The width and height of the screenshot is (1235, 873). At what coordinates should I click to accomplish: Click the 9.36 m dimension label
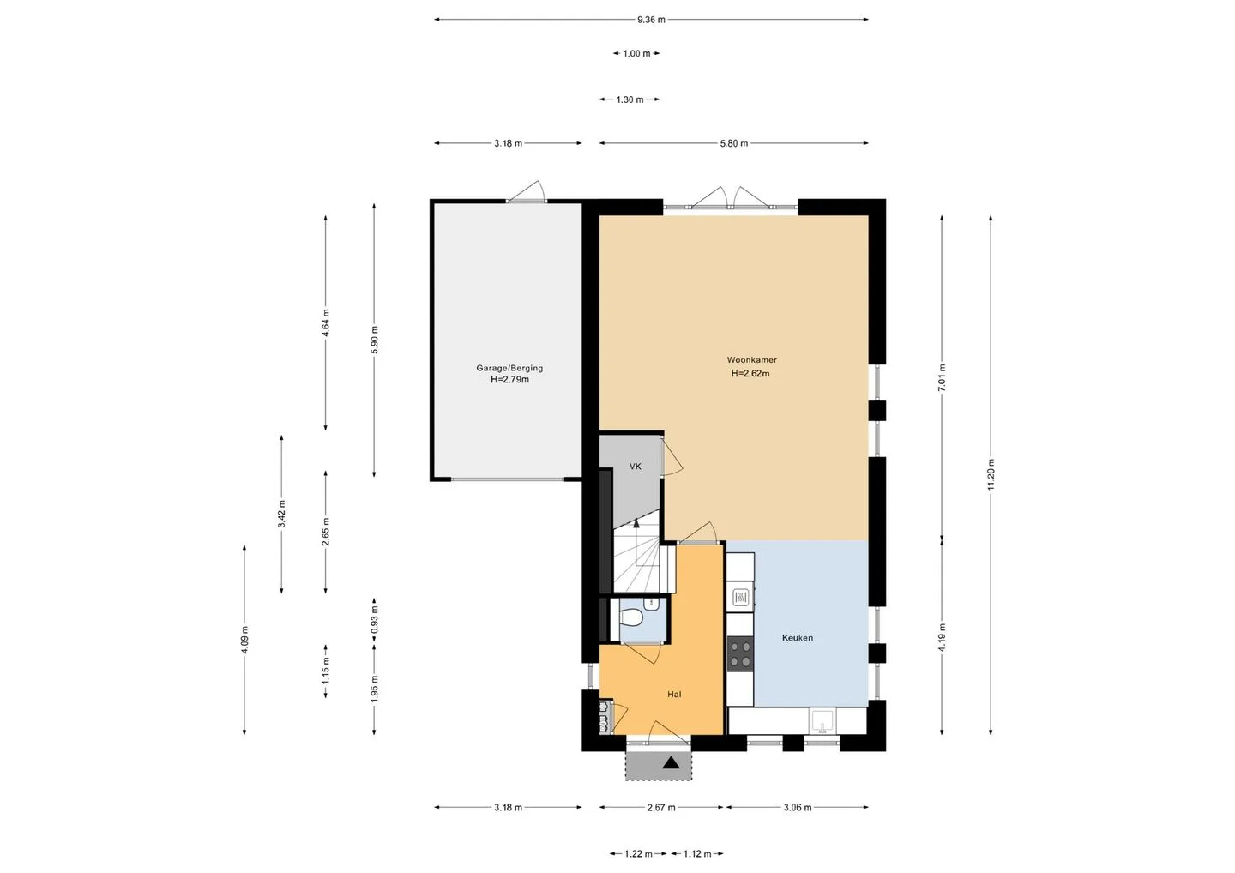tap(651, 20)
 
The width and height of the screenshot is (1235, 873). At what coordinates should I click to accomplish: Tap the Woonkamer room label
tap(751, 360)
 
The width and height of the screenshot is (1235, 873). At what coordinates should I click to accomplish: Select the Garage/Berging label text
tap(509, 368)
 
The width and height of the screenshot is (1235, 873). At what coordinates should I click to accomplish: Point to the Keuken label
tap(798, 638)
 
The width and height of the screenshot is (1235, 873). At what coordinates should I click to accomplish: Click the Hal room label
tap(674, 695)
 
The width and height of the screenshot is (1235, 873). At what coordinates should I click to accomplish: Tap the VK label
tap(636, 467)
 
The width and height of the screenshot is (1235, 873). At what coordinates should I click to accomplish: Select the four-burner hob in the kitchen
tap(740, 653)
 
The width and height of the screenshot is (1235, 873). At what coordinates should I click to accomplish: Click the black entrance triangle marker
tap(671, 762)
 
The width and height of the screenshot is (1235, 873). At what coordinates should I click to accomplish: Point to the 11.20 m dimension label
tap(991, 474)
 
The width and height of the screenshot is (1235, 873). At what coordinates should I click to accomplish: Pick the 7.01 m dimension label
tap(942, 378)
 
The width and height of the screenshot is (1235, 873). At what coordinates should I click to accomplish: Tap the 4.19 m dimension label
tap(942, 638)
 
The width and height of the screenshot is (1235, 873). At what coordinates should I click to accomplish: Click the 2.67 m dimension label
tap(661, 808)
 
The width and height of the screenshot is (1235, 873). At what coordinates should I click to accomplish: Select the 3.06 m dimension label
tap(798, 808)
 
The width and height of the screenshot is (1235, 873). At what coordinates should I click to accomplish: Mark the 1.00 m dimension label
tap(636, 53)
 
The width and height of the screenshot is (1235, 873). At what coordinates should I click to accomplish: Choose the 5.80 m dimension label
tap(734, 143)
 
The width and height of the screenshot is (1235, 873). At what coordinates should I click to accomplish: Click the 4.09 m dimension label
tap(244, 640)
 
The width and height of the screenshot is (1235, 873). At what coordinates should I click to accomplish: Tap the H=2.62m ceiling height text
tap(750, 373)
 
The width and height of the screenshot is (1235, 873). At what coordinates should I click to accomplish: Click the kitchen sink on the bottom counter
tap(822, 721)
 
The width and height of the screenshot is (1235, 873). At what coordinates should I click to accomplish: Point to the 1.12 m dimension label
tap(697, 854)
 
